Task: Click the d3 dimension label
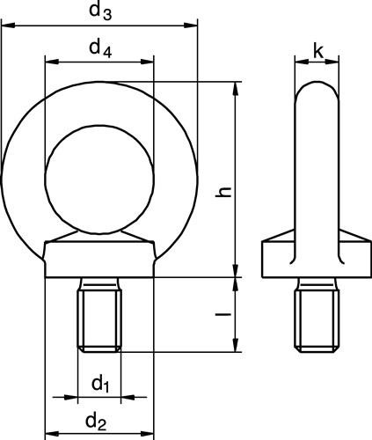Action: (100, 12)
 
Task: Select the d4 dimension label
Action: (100, 49)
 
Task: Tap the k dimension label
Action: (318, 52)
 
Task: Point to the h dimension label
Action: (223, 192)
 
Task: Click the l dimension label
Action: (223, 314)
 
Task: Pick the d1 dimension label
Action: (100, 384)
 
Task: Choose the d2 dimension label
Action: (96, 422)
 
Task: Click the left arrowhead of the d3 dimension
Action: (8, 26)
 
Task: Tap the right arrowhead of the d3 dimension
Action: (191, 26)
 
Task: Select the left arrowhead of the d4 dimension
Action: (52, 62)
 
